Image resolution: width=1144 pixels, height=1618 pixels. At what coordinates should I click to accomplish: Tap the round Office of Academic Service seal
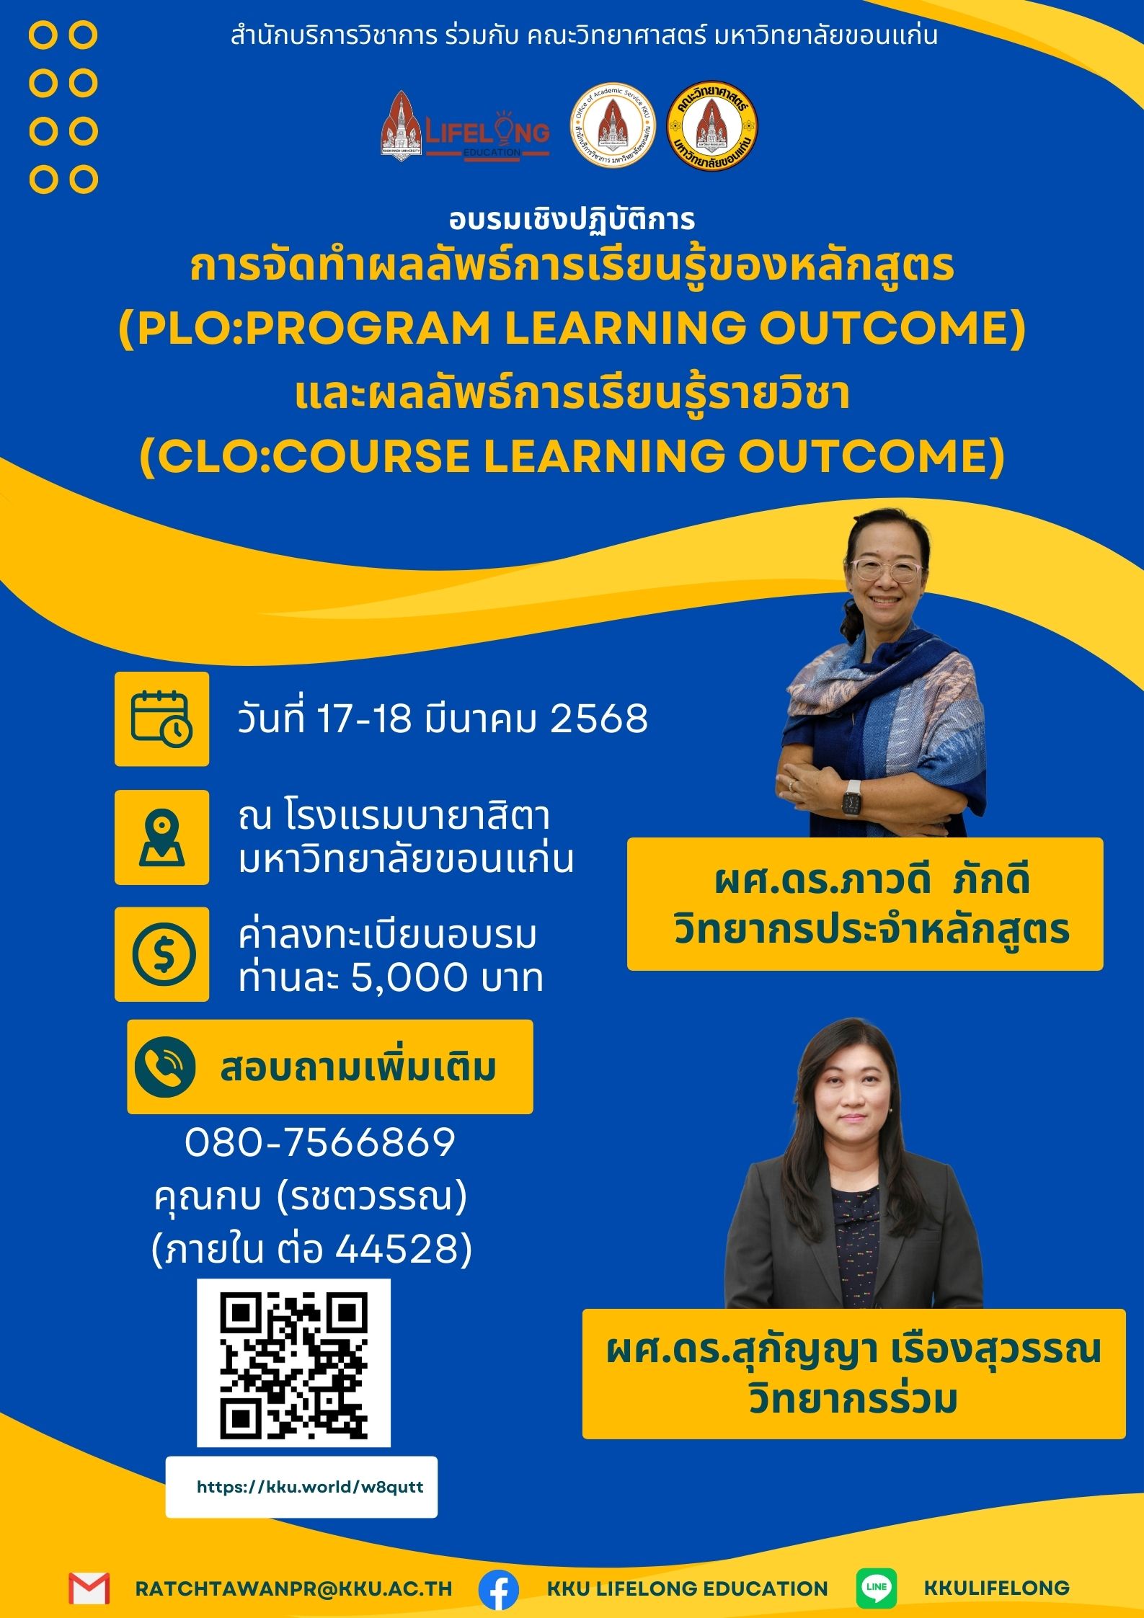[x=612, y=125]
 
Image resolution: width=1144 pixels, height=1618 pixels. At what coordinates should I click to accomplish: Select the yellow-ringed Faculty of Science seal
[x=712, y=125]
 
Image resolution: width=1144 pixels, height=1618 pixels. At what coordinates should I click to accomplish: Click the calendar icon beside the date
[x=161, y=719]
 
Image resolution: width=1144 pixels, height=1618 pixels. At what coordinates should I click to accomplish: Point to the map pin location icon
[x=161, y=837]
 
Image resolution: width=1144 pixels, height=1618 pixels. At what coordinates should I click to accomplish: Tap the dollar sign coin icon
[x=164, y=954]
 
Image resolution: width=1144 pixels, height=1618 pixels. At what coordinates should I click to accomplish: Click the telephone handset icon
[x=165, y=1067]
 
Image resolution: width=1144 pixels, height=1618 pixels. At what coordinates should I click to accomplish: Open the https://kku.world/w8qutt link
[x=310, y=1487]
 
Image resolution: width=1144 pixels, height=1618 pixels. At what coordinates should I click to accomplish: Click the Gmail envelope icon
[x=89, y=1588]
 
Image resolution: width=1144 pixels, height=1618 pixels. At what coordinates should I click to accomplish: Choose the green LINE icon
[x=877, y=1588]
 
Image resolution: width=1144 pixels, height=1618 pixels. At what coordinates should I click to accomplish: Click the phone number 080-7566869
[x=320, y=1143]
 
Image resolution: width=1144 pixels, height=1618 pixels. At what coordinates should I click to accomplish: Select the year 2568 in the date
[x=599, y=719]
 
